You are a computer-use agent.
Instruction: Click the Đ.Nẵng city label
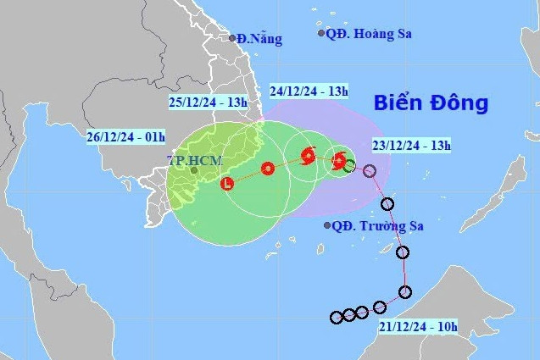[x=259, y=38]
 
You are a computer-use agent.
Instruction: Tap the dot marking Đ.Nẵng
[x=232, y=37]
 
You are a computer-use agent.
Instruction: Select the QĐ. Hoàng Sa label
[x=363, y=33]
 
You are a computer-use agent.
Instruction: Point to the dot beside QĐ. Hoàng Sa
[x=321, y=33]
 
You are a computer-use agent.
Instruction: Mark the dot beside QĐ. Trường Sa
[x=328, y=225]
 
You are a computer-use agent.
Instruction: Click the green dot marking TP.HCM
[x=193, y=170]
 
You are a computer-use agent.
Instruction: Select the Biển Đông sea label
[x=431, y=103]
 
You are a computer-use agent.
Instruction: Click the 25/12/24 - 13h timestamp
[x=208, y=102]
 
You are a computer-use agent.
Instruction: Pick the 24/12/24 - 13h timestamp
[x=309, y=90]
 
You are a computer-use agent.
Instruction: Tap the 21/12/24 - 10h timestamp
[x=417, y=326]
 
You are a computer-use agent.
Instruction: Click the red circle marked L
[x=227, y=184]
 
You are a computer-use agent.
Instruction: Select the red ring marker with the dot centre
[x=268, y=169]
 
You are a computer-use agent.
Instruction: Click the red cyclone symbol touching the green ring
[x=339, y=160]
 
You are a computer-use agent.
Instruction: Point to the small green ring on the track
[x=349, y=166]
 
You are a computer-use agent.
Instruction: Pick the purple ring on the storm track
[x=370, y=171]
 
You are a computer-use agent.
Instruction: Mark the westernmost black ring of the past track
[x=336, y=318]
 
